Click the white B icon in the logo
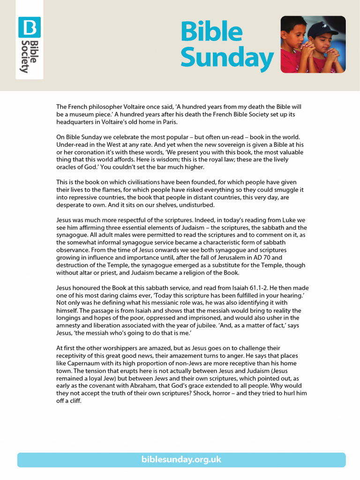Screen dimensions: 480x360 pyautogui.click(x=30, y=27)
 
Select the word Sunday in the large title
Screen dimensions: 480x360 pyautogui.click(x=227, y=58)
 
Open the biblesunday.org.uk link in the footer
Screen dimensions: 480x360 pyautogui.click(x=181, y=459)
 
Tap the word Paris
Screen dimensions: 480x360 pyautogui.click(x=168, y=122)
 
